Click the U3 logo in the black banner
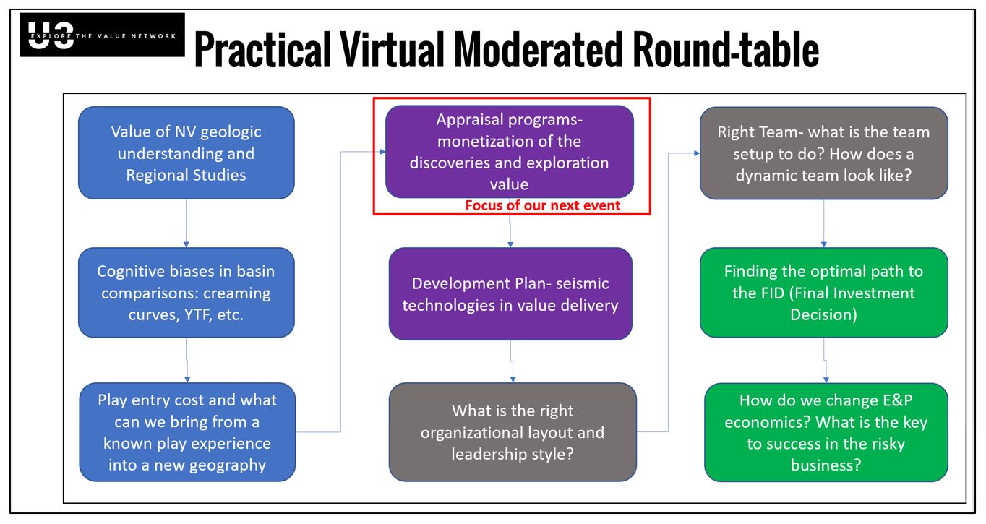point(51,35)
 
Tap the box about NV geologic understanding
point(187,153)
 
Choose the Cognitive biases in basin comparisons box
point(187,293)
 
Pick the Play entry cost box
point(187,432)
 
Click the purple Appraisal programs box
point(510,151)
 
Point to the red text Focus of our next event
point(542,205)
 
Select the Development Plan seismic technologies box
point(510,294)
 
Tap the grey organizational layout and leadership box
point(513,432)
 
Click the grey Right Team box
point(823,153)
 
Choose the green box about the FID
point(823,293)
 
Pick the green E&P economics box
point(826,432)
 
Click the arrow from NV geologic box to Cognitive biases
point(187,223)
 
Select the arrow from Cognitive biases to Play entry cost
point(187,360)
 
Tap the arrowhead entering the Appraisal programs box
point(383,152)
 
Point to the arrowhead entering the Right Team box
point(697,153)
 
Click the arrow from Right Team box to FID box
point(823,223)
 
